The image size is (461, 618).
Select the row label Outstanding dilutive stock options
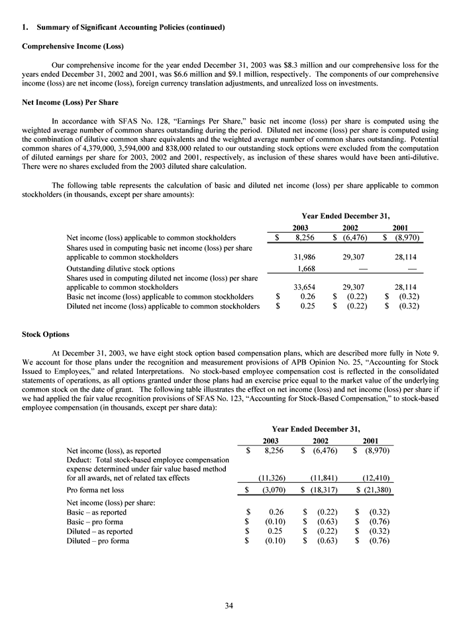(121, 268)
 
